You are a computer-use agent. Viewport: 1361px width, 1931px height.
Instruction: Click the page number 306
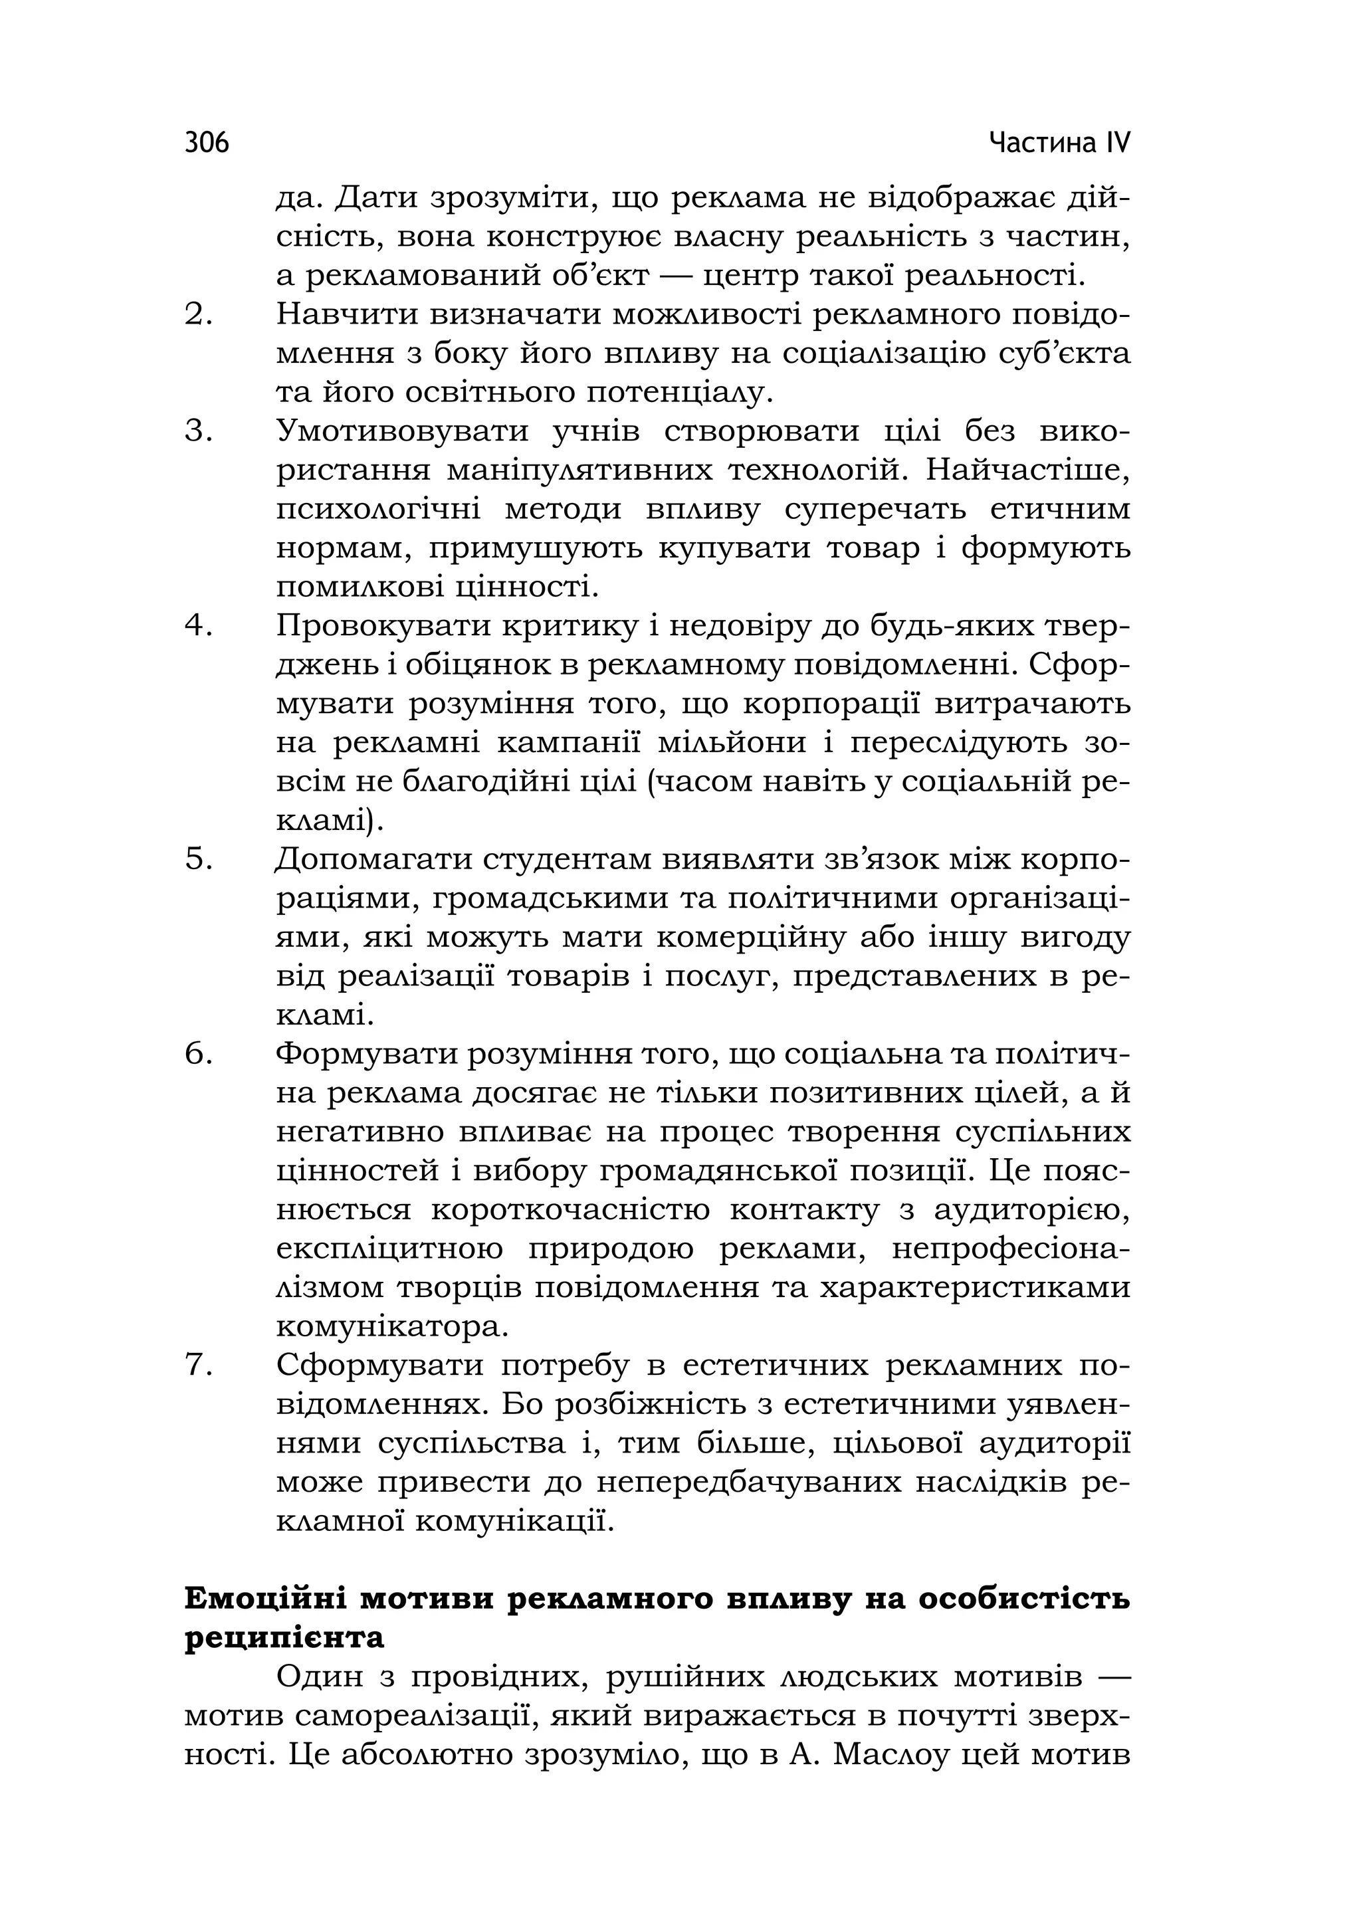tap(207, 143)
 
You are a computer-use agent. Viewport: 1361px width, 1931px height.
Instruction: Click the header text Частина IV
tap(1059, 143)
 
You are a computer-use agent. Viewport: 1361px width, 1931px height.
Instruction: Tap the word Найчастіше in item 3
tap(1028, 470)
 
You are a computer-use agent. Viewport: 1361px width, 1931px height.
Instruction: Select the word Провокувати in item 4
tap(382, 626)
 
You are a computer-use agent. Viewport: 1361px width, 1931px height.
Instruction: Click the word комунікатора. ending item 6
tap(393, 1326)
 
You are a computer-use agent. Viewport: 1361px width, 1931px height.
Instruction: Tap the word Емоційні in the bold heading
tap(266, 1598)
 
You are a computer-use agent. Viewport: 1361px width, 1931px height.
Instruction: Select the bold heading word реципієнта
tap(284, 1637)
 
